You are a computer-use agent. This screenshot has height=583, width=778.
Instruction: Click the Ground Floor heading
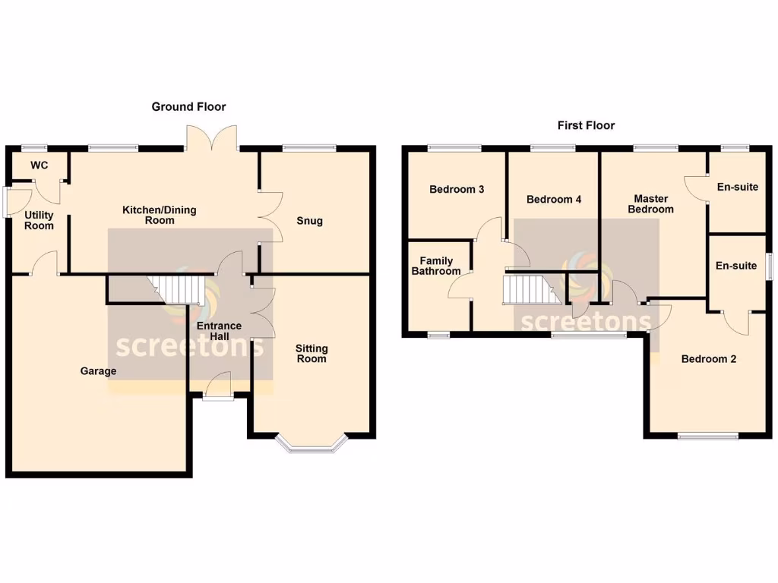pyautogui.click(x=188, y=107)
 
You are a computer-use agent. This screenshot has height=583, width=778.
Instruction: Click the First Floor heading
pyautogui.click(x=586, y=125)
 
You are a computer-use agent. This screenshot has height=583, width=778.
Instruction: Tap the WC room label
pyautogui.click(x=39, y=165)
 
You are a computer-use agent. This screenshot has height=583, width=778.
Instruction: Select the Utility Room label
pyautogui.click(x=39, y=220)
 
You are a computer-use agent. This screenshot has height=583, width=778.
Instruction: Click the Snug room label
pyautogui.click(x=310, y=221)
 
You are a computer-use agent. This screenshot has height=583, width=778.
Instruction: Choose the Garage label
pyautogui.click(x=99, y=371)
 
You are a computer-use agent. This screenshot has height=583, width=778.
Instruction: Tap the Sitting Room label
pyautogui.click(x=312, y=353)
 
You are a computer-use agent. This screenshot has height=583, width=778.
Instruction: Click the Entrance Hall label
pyautogui.click(x=219, y=331)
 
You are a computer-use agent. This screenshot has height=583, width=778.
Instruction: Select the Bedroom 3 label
pyautogui.click(x=457, y=189)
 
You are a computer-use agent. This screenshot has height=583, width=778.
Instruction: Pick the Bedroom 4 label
pyautogui.click(x=554, y=200)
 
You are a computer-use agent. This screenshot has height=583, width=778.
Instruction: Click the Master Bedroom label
pyautogui.click(x=651, y=203)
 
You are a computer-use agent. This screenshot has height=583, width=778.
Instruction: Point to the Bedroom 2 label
pyautogui.click(x=708, y=359)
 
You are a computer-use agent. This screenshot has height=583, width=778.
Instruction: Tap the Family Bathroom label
pyautogui.click(x=435, y=266)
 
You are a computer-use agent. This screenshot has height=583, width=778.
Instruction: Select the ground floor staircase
pyautogui.click(x=182, y=289)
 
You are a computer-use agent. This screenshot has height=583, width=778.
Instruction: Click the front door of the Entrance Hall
pyautogui.click(x=219, y=384)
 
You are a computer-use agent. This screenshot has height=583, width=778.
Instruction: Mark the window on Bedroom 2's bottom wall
pyautogui.click(x=708, y=436)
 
